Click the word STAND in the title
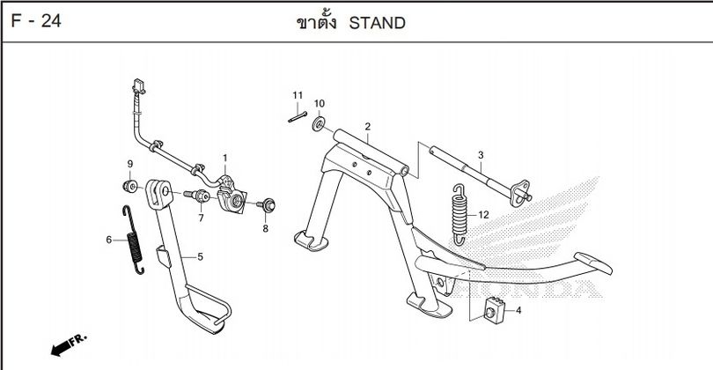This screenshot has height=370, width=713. click(378, 23)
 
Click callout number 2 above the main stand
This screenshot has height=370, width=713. click(367, 127)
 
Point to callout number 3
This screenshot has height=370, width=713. click(481, 156)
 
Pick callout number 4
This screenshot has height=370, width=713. click(518, 310)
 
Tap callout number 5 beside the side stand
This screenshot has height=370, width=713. click(200, 256)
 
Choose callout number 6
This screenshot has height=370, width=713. click(109, 240)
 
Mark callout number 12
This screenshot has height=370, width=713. click(483, 215)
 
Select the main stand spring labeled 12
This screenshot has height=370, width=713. click(458, 212)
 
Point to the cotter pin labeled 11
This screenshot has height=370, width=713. click(298, 115)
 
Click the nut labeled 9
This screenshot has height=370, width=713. click(130, 186)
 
